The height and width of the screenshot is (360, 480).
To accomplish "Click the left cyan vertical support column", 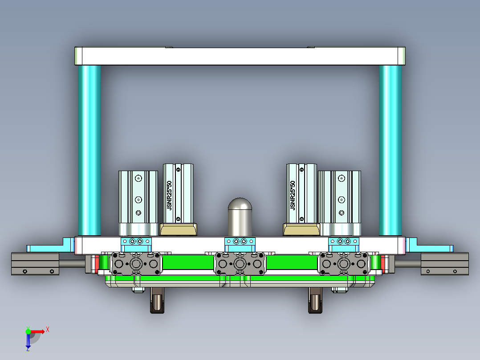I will (x=89, y=149).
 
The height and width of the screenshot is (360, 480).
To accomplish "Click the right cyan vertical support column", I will (x=391, y=149).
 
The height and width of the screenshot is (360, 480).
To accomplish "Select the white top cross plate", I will (x=240, y=56).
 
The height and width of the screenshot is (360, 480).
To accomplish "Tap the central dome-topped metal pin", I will (x=240, y=217).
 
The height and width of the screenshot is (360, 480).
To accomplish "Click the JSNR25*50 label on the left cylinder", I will (x=169, y=195).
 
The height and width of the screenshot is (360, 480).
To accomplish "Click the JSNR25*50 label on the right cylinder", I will (x=293, y=195).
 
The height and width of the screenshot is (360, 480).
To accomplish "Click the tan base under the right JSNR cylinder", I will (x=301, y=230).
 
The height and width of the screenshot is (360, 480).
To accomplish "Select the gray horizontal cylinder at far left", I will (x=35, y=264).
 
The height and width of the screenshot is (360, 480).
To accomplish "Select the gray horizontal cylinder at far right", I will (x=444, y=264).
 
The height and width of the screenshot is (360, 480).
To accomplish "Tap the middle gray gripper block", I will (x=240, y=264).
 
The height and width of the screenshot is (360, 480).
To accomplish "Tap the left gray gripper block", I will (x=136, y=264).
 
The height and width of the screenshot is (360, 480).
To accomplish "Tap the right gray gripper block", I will (x=343, y=264).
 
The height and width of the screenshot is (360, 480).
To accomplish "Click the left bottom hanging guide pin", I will (x=157, y=300).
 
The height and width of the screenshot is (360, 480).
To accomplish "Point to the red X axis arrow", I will (x=39, y=331).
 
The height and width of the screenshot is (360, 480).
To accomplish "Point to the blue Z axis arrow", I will (x=28, y=342).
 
